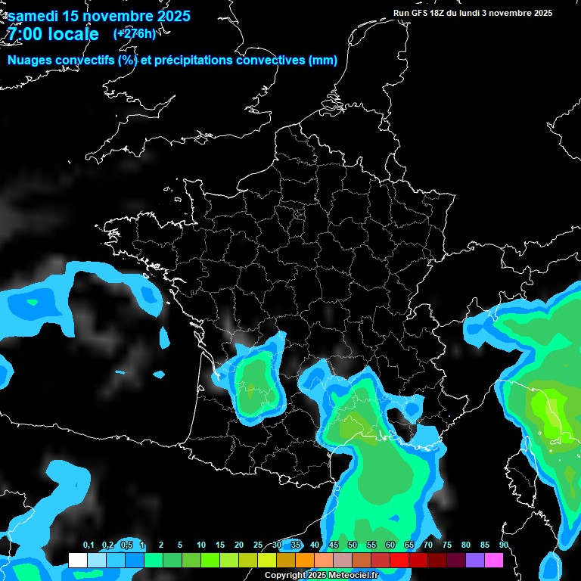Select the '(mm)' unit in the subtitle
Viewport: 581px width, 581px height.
(x=323, y=61)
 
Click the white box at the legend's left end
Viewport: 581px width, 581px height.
(x=77, y=561)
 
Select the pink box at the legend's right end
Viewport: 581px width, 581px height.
(x=494, y=561)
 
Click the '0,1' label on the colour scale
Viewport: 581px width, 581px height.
(x=89, y=545)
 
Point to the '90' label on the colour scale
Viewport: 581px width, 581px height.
(x=504, y=545)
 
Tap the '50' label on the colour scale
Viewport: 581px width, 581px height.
(x=353, y=545)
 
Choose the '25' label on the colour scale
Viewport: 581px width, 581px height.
(x=258, y=545)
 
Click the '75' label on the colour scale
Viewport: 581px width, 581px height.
(x=447, y=545)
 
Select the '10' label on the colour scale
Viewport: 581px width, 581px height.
(x=201, y=545)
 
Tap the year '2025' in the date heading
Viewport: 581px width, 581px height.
(x=171, y=15)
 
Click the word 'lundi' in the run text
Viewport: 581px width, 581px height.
(x=467, y=13)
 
